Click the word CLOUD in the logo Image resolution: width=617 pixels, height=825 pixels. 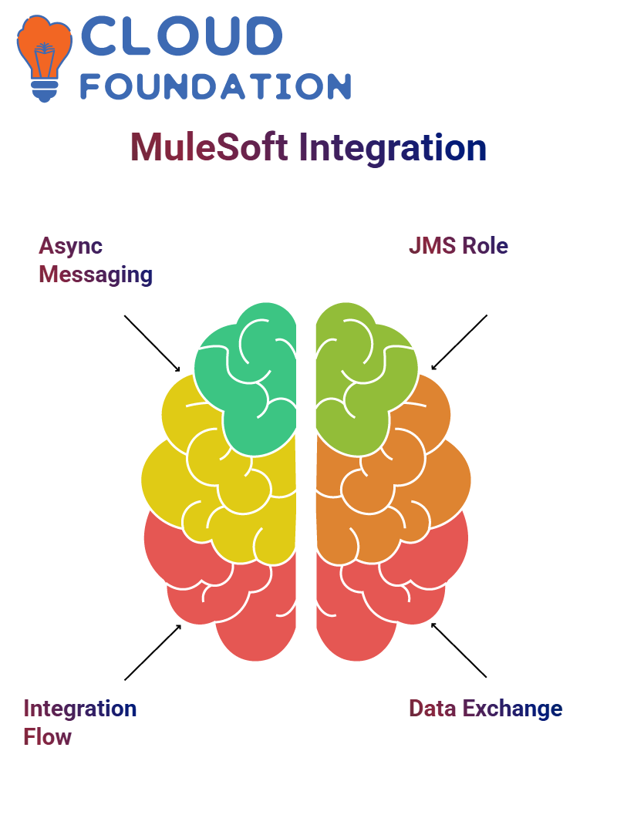181,35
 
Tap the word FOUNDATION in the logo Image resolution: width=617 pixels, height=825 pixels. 215,86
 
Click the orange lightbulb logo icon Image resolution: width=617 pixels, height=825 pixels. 44,58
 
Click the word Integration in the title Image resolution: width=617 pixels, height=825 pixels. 393,148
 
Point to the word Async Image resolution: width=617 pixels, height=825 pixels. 70,246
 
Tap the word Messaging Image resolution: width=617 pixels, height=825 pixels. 96,275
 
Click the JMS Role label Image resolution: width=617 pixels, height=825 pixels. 459,246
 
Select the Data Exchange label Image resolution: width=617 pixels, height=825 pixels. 486,709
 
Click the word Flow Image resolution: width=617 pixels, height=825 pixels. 47,737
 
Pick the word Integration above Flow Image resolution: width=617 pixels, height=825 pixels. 80,709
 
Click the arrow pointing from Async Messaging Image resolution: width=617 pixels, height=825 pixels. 152,344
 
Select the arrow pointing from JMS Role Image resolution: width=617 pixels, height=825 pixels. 459,342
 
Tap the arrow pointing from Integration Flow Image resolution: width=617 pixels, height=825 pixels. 153,652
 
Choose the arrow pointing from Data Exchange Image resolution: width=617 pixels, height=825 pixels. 459,650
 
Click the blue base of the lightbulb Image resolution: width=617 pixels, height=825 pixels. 45,91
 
